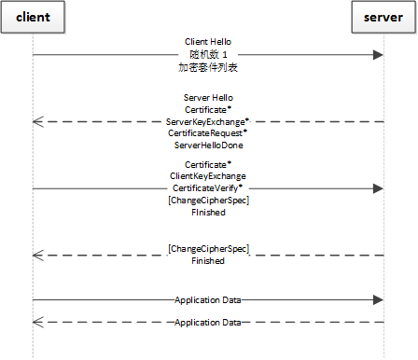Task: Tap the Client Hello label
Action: (x=208, y=42)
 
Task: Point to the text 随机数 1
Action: (x=208, y=55)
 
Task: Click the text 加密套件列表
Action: (x=208, y=68)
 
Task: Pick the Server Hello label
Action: (x=208, y=97)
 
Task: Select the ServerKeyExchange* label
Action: (x=208, y=121)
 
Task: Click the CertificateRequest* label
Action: (x=208, y=133)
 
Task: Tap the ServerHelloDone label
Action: (x=208, y=145)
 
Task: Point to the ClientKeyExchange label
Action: (x=208, y=176)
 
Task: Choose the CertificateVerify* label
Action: (x=208, y=188)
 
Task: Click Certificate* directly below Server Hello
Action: (x=208, y=109)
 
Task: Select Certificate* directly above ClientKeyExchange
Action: (x=208, y=164)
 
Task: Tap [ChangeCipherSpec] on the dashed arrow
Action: (x=208, y=249)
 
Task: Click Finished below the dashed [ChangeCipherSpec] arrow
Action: (x=208, y=262)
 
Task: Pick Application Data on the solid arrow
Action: (x=208, y=300)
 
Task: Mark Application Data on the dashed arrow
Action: (x=208, y=322)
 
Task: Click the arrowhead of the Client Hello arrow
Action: (x=378, y=55)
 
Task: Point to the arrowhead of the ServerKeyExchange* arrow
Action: (x=38, y=121)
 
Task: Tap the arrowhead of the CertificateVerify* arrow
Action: (x=378, y=188)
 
